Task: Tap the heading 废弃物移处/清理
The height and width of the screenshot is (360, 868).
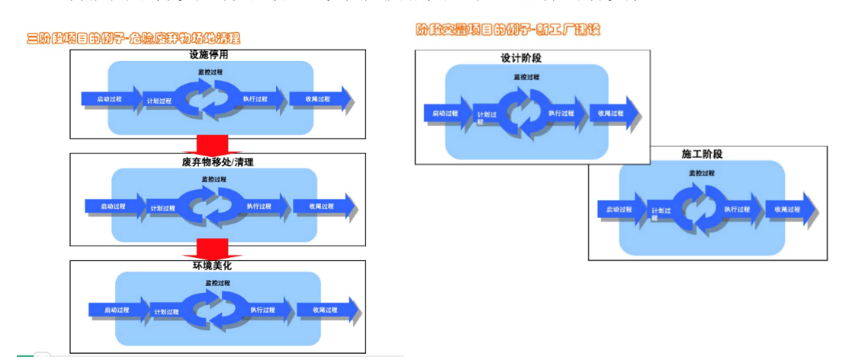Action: [217, 162]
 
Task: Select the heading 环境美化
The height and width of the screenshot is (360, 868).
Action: [218, 266]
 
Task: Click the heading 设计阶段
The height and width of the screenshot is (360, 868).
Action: [526, 58]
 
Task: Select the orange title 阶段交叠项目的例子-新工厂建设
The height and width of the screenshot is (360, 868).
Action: [508, 30]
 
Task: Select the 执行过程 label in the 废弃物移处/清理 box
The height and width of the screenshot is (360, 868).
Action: [259, 206]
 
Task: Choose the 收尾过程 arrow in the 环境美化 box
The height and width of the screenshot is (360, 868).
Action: [326, 310]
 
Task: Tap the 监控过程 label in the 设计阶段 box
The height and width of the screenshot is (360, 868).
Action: [526, 77]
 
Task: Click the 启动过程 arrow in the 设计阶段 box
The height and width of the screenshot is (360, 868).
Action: [446, 113]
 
